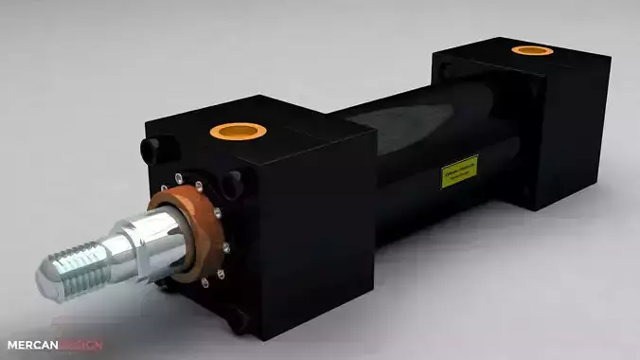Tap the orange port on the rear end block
pos(531,49)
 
